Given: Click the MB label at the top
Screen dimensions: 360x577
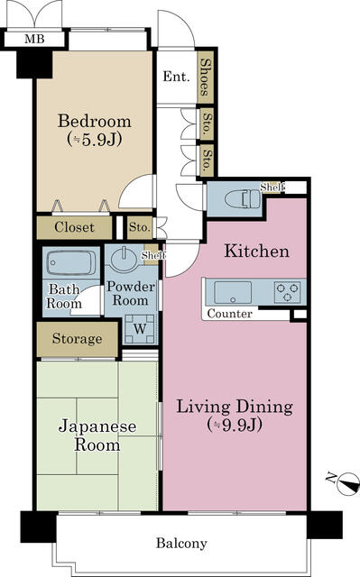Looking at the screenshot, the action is pos(34,39).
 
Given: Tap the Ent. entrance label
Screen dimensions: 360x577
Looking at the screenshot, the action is pos(176,77).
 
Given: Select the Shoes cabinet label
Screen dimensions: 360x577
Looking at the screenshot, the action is pos(206,77).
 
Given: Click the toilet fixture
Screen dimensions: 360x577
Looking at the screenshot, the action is pos(243,198).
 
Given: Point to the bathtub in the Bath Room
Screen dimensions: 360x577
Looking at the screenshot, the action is pos(71,263).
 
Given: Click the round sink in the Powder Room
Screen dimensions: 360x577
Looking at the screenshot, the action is pos(124,259).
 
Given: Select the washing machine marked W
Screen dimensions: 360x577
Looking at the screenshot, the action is pos(140,328).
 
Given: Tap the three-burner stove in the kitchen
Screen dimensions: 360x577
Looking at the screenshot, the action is pos(288,292).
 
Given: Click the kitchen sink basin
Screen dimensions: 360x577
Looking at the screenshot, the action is pos(233,293).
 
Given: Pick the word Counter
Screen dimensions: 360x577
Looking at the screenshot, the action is pos(230,314).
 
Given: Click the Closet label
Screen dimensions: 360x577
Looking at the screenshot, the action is pos(74,227).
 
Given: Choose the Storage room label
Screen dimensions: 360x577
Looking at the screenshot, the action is pos(78,339).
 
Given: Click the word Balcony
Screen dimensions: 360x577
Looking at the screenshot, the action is pos(181,543).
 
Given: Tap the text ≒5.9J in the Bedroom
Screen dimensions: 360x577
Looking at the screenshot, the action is pos(95,140).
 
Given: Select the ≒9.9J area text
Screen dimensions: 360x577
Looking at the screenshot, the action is pos(235,425).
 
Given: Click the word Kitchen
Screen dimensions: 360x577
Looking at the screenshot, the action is pos(257,251).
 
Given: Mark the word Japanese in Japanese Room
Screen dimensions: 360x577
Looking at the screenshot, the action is pos(97,426).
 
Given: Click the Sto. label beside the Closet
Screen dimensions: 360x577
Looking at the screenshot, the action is pos(140,227).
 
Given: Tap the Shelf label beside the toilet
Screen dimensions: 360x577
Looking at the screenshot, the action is pos(272,188).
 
